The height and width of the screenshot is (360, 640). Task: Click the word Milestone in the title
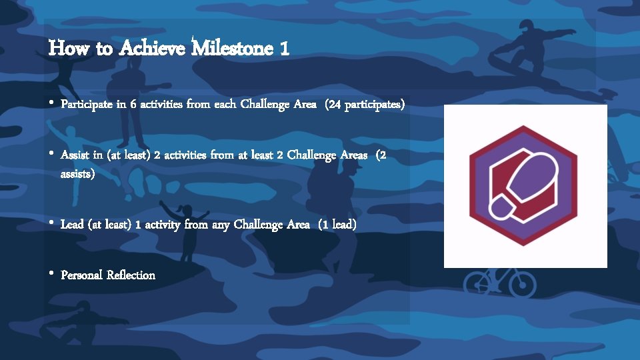tap(233, 48)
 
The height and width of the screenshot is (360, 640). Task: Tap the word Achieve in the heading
tap(153, 48)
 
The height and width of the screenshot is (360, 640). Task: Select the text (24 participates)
tap(365, 105)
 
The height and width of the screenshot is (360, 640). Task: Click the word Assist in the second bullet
tap(75, 155)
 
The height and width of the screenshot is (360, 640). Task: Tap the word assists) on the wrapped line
tap(78, 175)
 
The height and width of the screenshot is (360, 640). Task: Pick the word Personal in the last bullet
tap(81, 275)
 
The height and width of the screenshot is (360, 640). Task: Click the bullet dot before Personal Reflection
tap(52, 274)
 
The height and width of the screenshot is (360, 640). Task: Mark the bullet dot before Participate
tap(52, 104)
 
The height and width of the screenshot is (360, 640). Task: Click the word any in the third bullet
tap(221, 225)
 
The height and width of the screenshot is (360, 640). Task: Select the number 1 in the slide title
tap(285, 48)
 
